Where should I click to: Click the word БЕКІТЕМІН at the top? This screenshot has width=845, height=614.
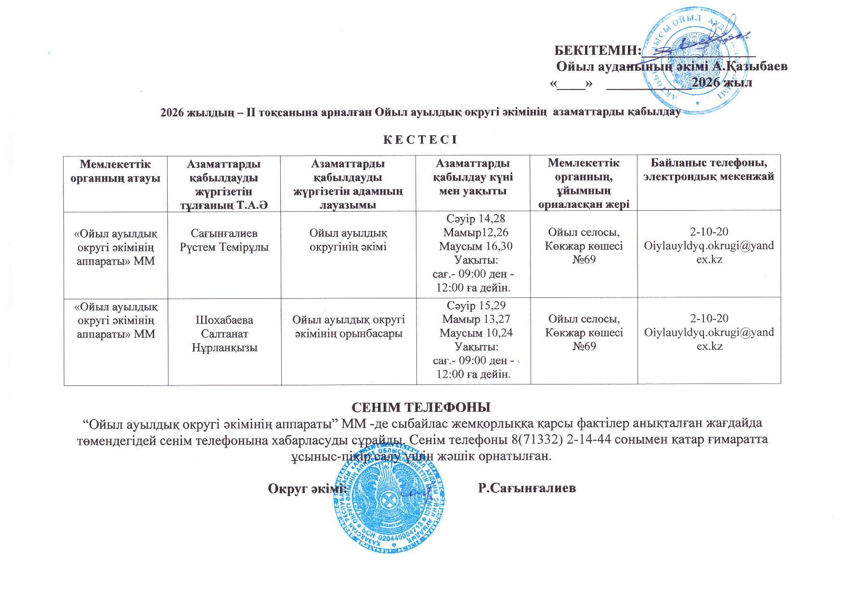(598, 50)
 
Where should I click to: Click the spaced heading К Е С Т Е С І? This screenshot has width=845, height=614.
(420, 140)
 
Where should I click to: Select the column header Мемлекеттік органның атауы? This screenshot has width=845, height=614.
(116, 171)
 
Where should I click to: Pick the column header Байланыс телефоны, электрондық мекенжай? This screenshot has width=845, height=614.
(709, 169)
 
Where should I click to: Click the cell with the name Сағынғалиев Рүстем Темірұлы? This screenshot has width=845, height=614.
(224, 240)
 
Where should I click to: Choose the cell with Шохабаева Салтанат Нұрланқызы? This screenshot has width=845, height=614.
(224, 333)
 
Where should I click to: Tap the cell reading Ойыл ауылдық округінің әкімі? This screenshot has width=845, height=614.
(348, 240)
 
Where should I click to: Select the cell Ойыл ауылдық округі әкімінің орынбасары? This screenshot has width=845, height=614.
(349, 326)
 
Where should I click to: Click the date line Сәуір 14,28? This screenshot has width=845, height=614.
(476, 219)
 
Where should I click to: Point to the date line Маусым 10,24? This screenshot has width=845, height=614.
(476, 333)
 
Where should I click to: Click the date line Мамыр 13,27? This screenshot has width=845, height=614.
(476, 319)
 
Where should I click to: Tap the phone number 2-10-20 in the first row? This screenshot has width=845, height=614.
(709, 231)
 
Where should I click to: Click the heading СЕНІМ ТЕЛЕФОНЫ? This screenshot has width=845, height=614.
(421, 407)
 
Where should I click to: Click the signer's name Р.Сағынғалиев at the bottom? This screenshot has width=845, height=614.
(527, 488)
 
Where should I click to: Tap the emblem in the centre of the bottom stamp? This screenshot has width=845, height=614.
(388, 501)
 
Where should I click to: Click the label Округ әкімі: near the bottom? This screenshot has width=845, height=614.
(307, 488)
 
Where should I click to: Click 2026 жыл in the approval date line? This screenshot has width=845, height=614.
(722, 82)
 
